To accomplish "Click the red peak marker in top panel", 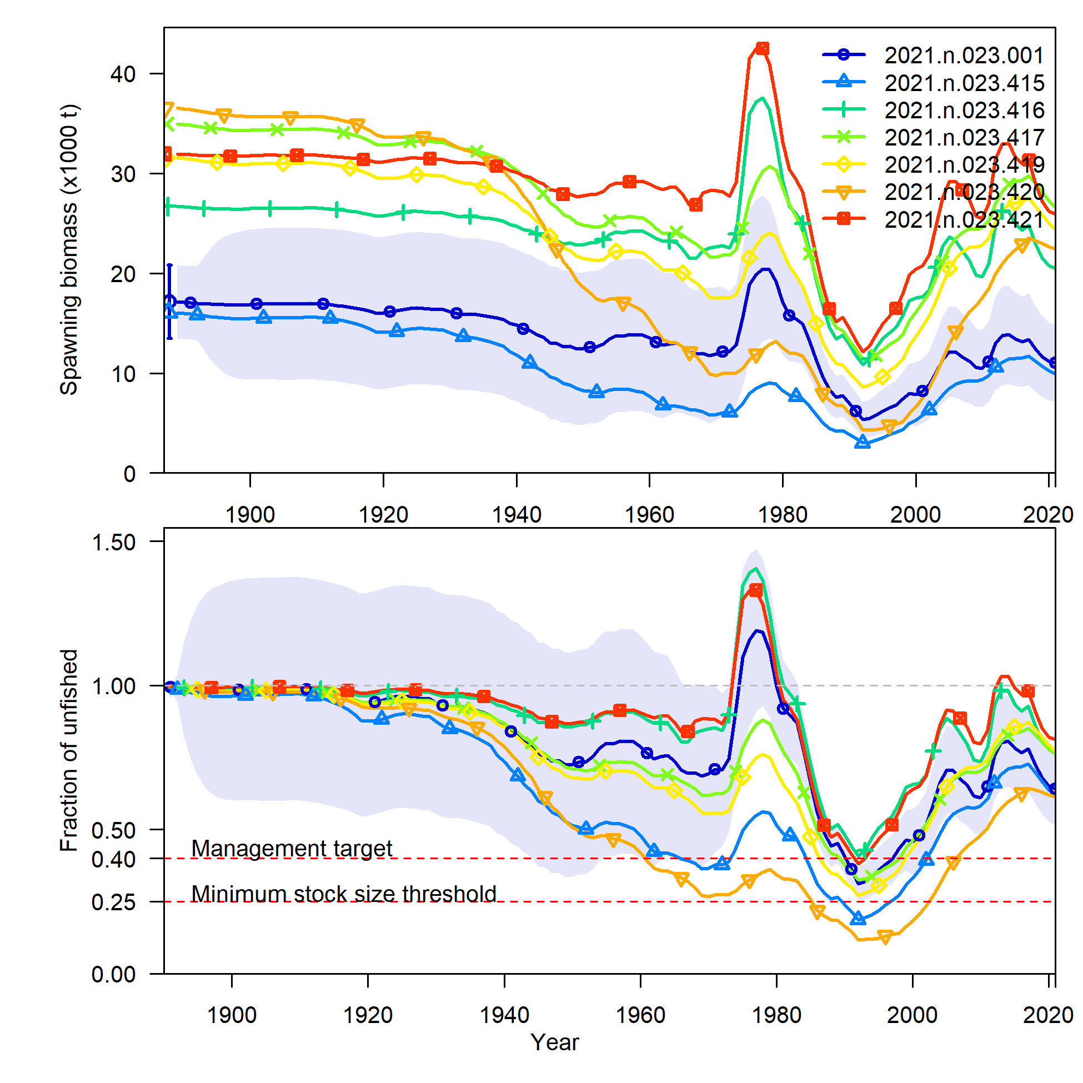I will coord(762,48).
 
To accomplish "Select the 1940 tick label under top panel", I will coord(517,515).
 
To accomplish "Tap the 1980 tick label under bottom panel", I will coord(776,1015).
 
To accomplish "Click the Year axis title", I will coord(554,1042).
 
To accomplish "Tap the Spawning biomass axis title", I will coord(69,250).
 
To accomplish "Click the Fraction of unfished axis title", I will coord(69,750).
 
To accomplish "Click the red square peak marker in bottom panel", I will coord(756,590).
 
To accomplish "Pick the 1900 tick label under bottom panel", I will coord(232,1015).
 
